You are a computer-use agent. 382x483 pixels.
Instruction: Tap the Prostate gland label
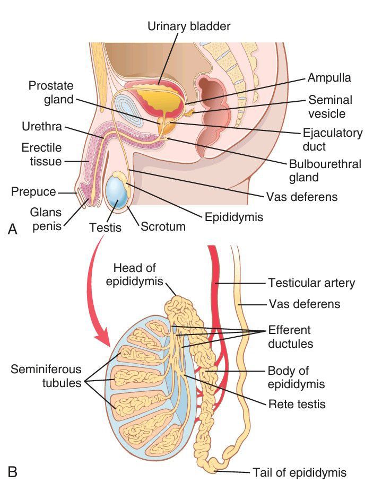[x=51, y=93]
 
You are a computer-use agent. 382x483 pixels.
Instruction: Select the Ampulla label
[x=329, y=78]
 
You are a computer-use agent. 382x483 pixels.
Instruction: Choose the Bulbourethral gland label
[x=325, y=171]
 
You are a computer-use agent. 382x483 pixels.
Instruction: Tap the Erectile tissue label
[x=42, y=153]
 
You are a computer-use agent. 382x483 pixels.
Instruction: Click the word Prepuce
[x=33, y=191]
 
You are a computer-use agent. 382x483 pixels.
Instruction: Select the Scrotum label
[x=163, y=227]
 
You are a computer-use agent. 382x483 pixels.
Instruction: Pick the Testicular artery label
[x=311, y=283]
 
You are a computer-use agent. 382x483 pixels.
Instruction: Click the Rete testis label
[x=297, y=404]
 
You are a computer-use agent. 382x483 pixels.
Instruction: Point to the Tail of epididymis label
[x=300, y=472]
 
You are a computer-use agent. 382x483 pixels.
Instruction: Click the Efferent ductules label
[x=290, y=337]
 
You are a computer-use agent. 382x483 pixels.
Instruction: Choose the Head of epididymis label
[x=134, y=274]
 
